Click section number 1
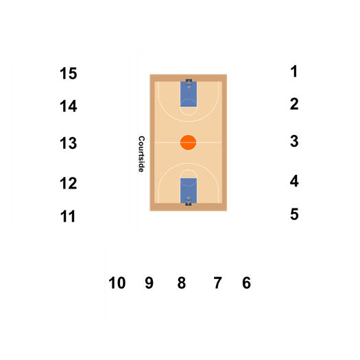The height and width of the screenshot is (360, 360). click(294, 71)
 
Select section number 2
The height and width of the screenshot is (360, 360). click(294, 104)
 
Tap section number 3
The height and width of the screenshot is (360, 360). click(294, 141)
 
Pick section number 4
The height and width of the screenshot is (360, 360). click(294, 181)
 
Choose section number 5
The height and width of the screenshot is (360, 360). click(294, 214)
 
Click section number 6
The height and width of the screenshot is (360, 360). click(246, 283)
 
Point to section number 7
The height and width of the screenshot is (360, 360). click(217, 283)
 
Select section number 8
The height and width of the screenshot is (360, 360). click(182, 283)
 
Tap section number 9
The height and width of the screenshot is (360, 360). click(149, 283)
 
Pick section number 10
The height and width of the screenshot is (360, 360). click(117, 283)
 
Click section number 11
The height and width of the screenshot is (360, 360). click(68, 216)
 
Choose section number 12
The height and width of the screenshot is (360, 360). click(68, 183)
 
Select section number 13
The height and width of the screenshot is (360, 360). click(68, 143)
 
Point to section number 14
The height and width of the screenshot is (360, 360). click(68, 106)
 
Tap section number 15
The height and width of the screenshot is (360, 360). click(68, 73)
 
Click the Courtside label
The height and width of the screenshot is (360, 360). click(141, 154)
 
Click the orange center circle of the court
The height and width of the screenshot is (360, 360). click(189, 143)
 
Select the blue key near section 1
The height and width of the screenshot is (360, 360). click(189, 94)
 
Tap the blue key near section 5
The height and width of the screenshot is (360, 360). click(189, 191)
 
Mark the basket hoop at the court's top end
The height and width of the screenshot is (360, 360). click(189, 86)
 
